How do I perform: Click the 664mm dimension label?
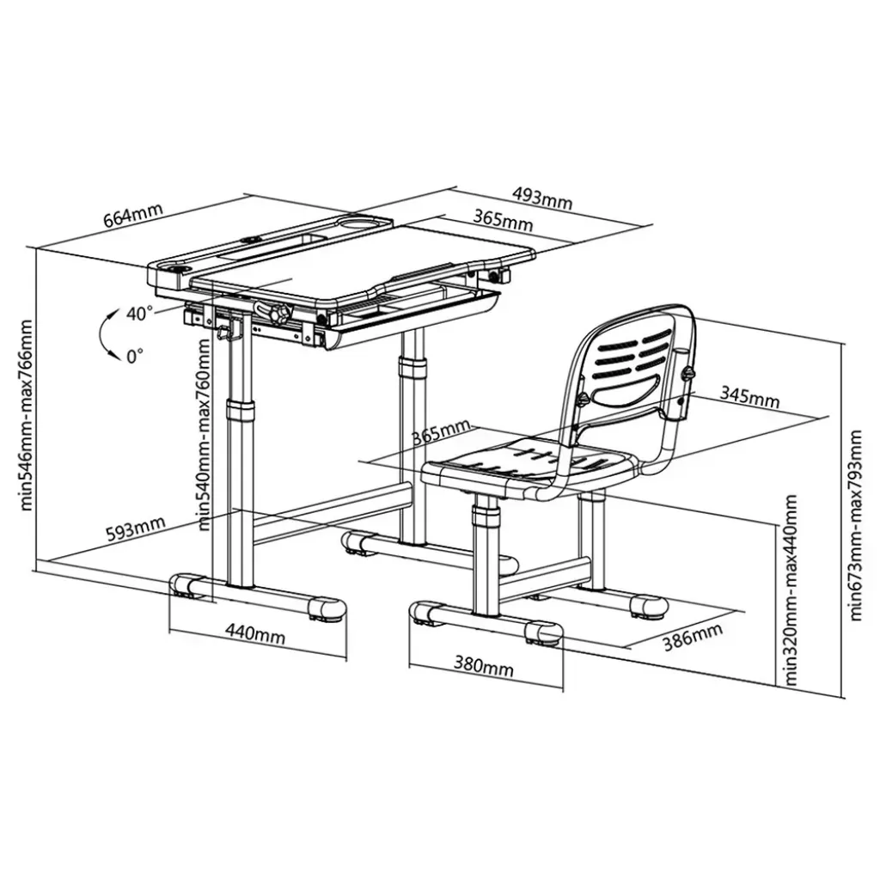coord(133,215)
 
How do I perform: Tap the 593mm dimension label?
coord(136,529)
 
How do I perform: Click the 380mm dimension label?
coord(484,666)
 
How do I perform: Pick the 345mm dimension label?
coord(749,396)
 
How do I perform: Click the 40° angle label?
coord(139,313)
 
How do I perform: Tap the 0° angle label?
coord(135,355)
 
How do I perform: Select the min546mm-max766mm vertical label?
coord(26,415)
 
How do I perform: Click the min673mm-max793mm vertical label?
coord(855,525)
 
